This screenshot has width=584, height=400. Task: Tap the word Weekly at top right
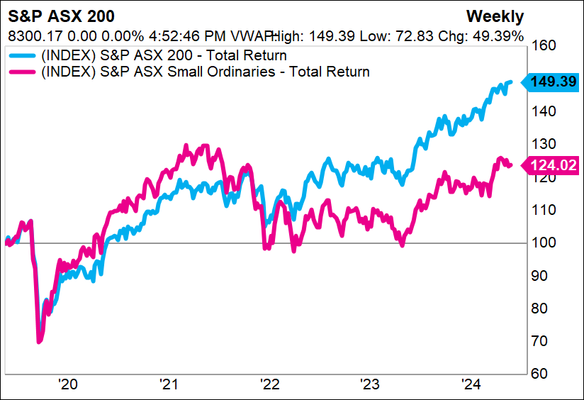[494, 16]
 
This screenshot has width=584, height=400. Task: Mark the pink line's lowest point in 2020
[39, 342]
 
